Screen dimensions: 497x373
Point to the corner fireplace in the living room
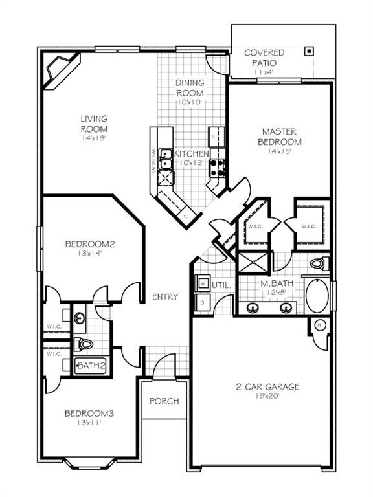[56, 69]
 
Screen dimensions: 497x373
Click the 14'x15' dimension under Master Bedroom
[280, 152]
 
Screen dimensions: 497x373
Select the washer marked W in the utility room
[202, 283]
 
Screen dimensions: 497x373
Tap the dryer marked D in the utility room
[202, 302]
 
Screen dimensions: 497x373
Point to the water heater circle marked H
[319, 324]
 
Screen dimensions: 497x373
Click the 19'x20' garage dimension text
[267, 397]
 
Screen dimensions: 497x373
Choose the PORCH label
[164, 401]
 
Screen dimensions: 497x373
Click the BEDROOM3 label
[89, 414]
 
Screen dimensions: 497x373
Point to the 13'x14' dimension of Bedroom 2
[89, 254]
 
